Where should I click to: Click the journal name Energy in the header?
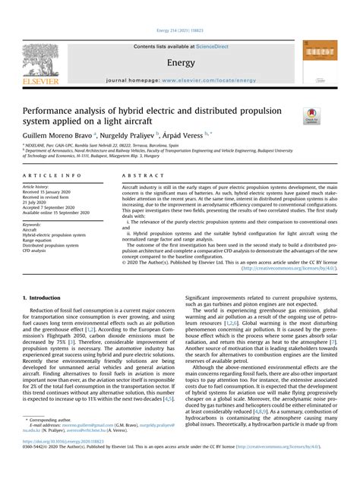point(180,61)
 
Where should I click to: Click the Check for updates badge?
point(311,115)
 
